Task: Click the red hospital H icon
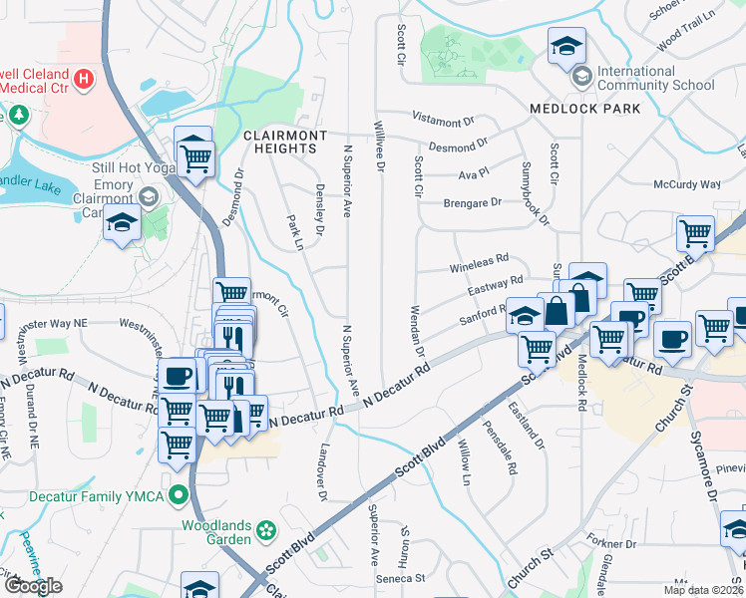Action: tap(84, 77)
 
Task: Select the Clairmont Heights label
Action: tap(280, 142)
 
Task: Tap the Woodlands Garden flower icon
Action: tap(265, 529)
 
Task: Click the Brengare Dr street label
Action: tap(473, 203)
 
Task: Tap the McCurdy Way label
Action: tap(686, 184)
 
